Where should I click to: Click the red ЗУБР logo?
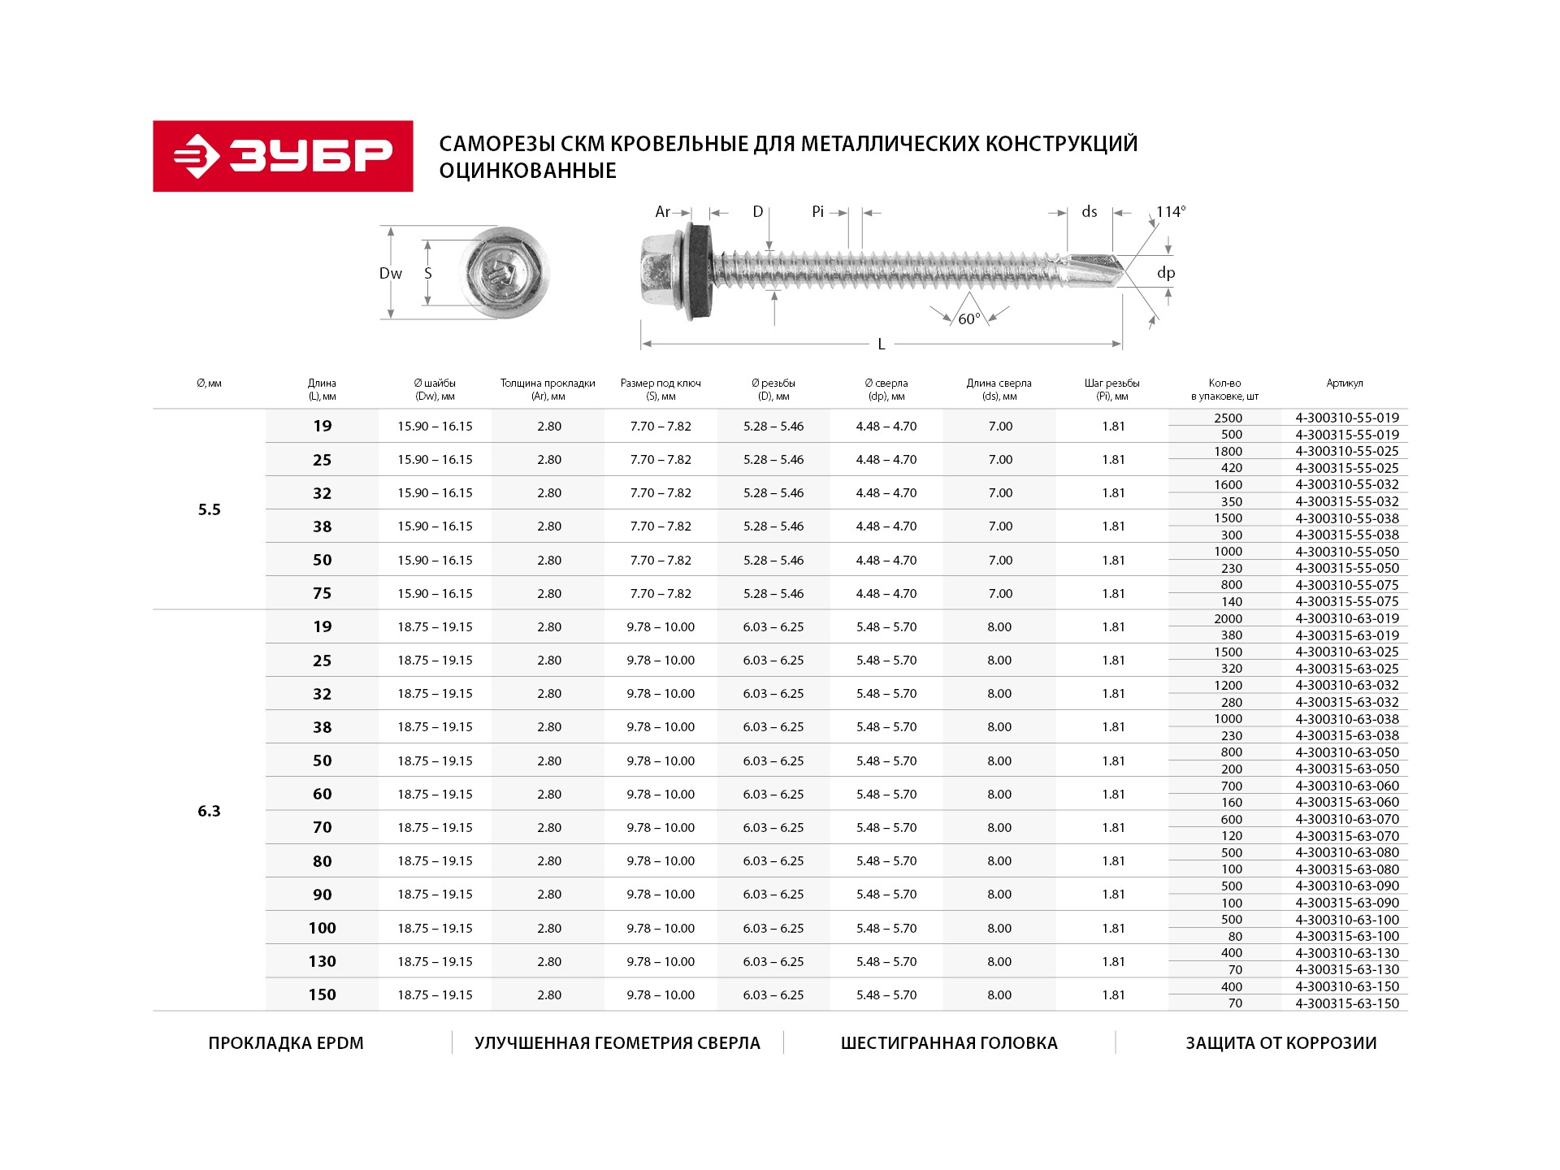(x=283, y=156)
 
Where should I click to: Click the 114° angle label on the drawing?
(x=1171, y=212)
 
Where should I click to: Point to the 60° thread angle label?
(x=968, y=319)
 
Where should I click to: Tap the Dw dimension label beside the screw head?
(x=391, y=274)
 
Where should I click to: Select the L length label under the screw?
(x=882, y=344)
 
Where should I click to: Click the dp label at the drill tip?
(x=1166, y=273)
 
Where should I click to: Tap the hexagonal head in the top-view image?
(x=504, y=272)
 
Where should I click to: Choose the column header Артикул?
(x=1345, y=383)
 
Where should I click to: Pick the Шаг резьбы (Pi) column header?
(x=1112, y=389)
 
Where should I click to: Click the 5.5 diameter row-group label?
(x=209, y=509)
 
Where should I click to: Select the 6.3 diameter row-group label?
(x=209, y=811)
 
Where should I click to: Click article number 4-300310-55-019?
(x=1347, y=418)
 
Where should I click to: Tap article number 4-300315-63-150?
(x=1347, y=1003)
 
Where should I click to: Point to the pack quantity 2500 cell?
(x=1228, y=418)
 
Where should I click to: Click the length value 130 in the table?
(x=322, y=961)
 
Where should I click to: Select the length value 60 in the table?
(x=322, y=794)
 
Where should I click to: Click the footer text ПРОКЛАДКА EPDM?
(x=286, y=1043)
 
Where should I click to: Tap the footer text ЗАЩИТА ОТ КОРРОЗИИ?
(x=1280, y=1043)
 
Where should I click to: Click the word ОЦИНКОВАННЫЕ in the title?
(x=528, y=171)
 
